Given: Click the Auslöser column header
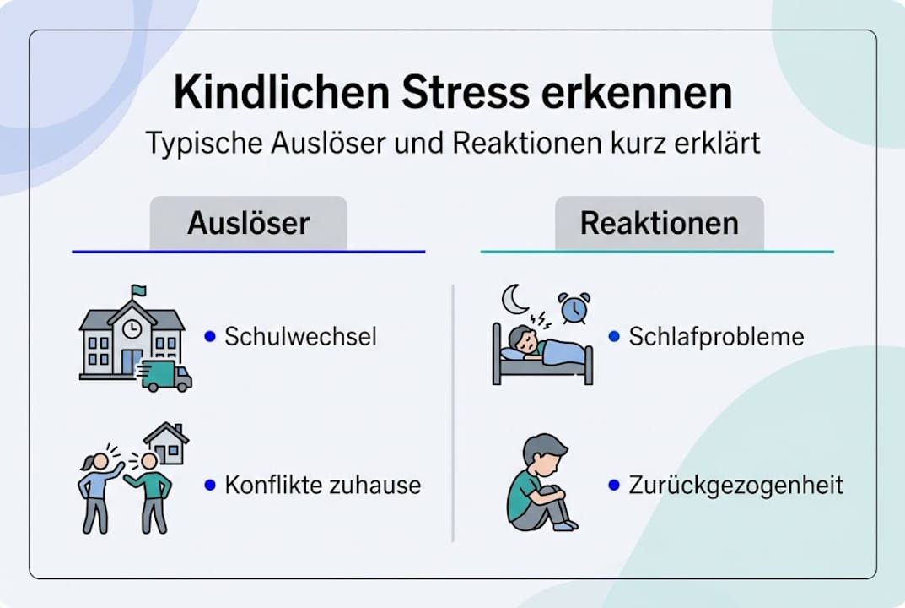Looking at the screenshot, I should coord(248,224).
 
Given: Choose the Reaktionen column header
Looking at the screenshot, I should coord(659,224).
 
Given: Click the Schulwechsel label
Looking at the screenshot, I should coord(300,337).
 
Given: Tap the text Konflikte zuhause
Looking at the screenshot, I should coord(322,486).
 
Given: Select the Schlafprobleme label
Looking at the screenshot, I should coord(716,337).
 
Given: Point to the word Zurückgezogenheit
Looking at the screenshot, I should coord(735,486).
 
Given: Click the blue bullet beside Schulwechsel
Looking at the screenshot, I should coord(210,336).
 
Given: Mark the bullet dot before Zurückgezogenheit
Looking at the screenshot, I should coord(614,486).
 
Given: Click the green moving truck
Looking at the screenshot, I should coord(165,376).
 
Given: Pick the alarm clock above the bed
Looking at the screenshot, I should coord(574,308).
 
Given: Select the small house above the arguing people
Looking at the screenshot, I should coord(166,442).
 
